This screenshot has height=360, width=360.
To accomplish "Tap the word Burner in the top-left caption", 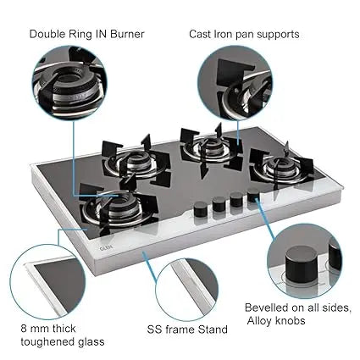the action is pyautogui.click(x=127, y=34).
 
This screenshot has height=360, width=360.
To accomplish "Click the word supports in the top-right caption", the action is pyautogui.click(x=278, y=35).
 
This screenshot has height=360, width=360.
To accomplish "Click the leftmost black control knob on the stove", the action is pyautogui.click(x=201, y=209).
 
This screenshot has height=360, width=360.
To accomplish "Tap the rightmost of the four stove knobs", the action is pyautogui.click(x=253, y=196).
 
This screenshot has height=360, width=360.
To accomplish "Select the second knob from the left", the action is pyautogui.click(x=219, y=204).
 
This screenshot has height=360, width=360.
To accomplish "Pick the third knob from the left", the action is pyautogui.click(x=236, y=199).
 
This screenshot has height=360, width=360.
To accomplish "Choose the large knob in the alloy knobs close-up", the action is pyautogui.click(x=302, y=264).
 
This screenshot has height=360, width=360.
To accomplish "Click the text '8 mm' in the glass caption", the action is pyautogui.click(x=36, y=329).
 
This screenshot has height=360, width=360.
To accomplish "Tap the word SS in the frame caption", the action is pyautogui.click(x=154, y=330).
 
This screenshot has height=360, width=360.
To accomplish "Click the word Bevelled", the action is pyautogui.click(x=267, y=307).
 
